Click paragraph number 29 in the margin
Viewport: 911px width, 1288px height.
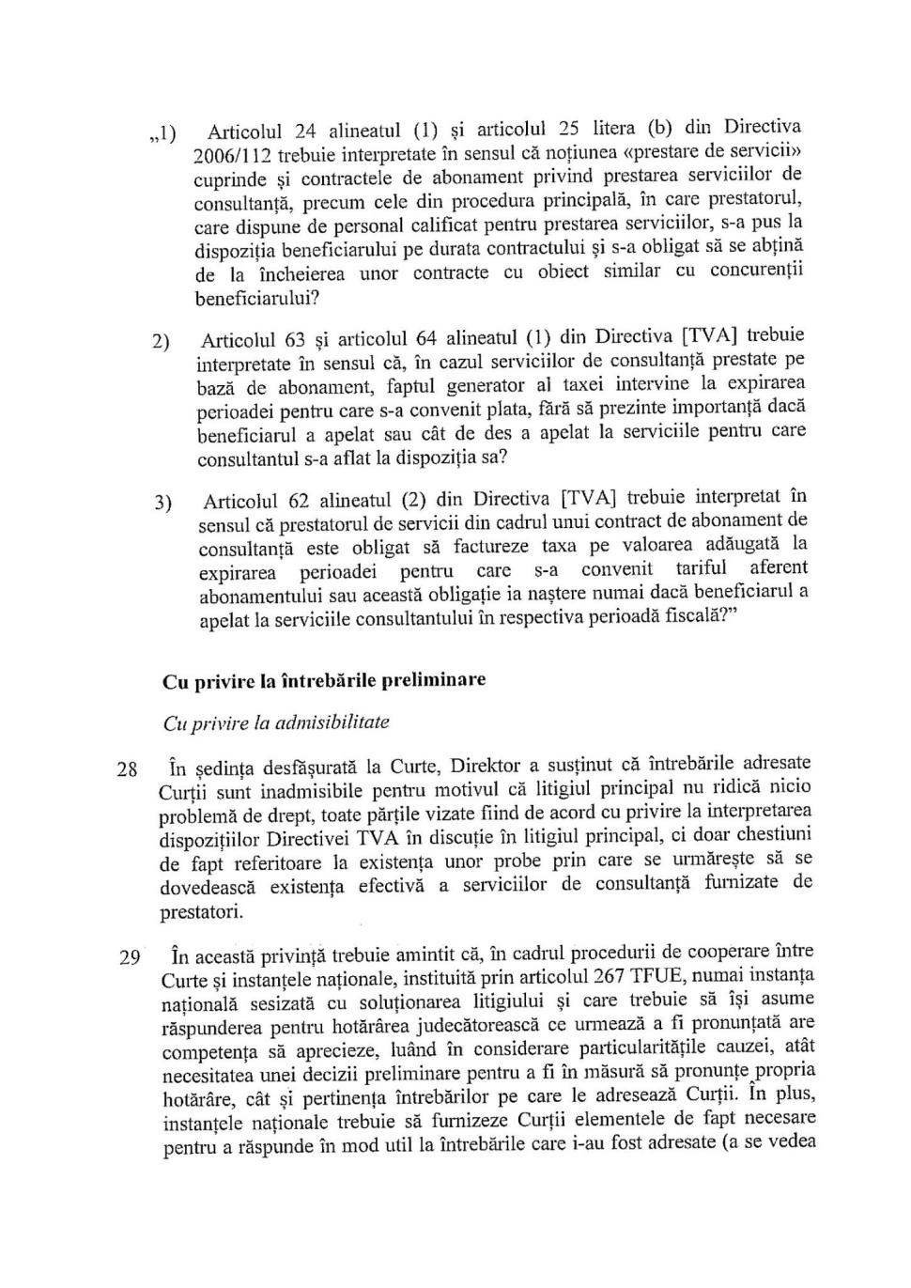129,958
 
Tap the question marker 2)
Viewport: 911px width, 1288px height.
161,342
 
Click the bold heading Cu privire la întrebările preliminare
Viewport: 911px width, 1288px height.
324,681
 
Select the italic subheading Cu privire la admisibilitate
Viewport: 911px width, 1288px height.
276,722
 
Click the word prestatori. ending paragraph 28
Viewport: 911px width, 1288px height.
202,911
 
